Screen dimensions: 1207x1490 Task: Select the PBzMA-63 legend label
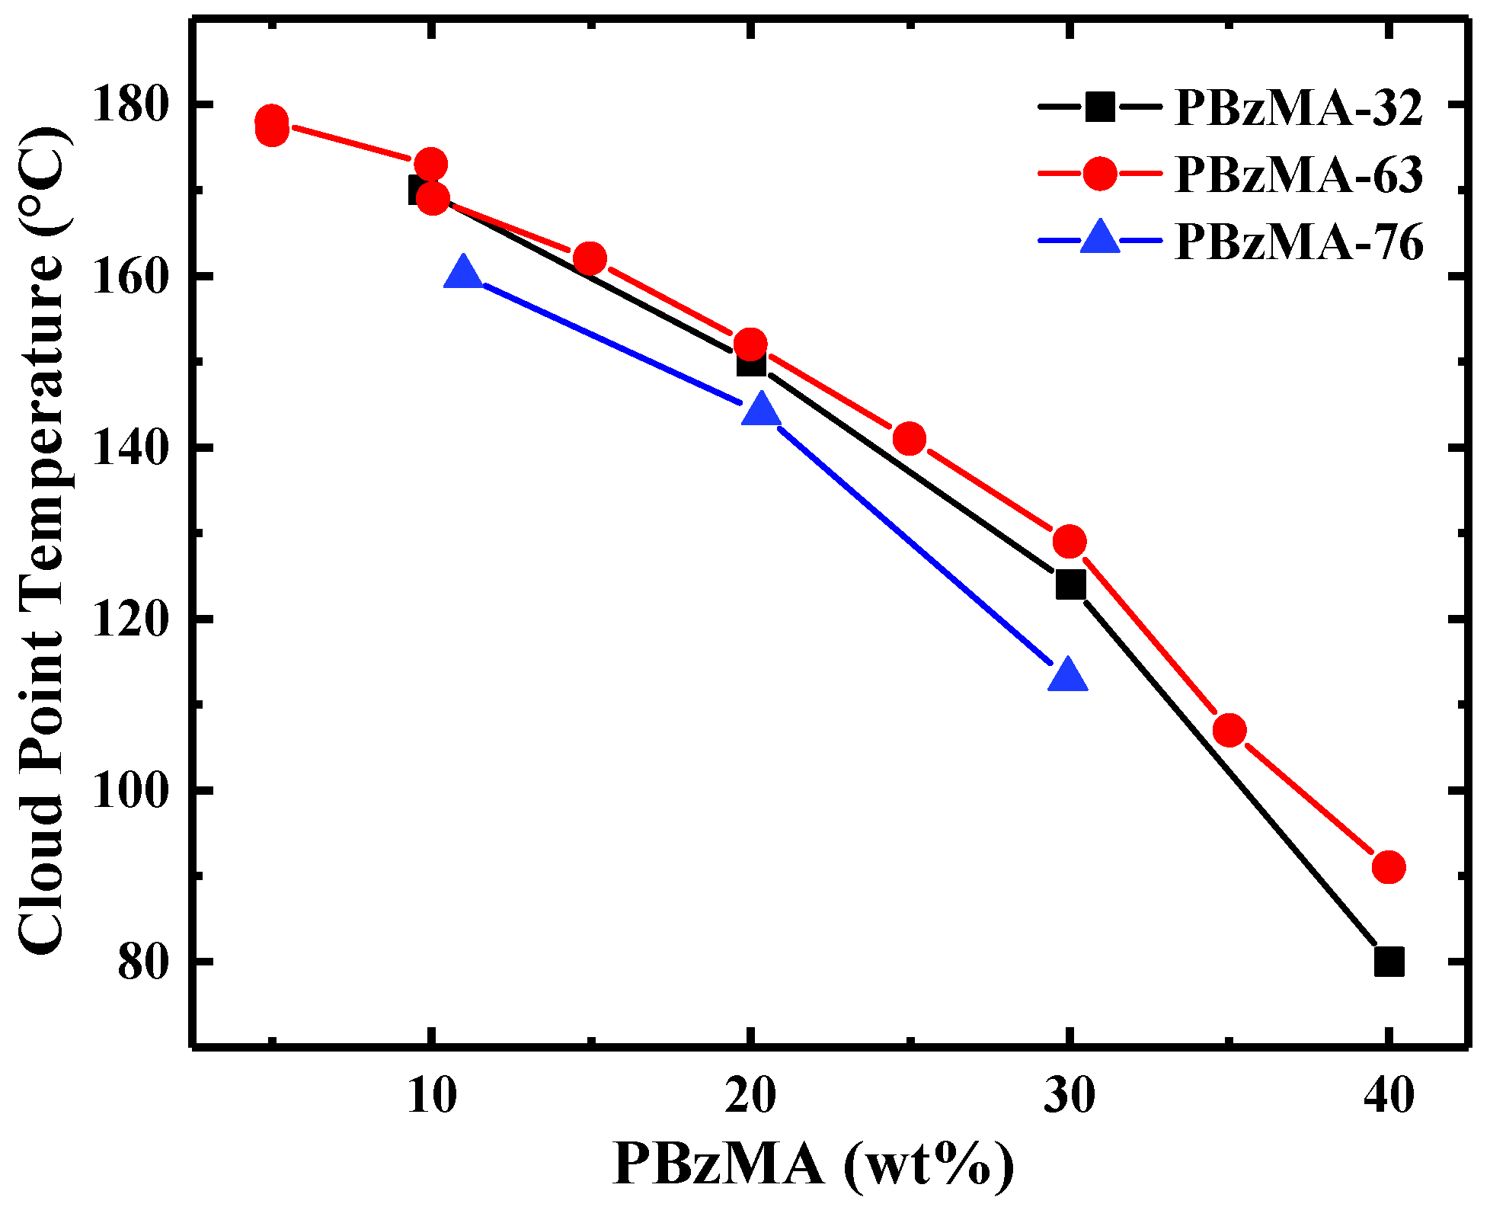coord(1298,174)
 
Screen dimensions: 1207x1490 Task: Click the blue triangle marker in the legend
coord(1100,238)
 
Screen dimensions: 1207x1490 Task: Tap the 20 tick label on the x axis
coord(750,1096)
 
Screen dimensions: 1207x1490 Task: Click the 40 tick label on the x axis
coord(1388,1096)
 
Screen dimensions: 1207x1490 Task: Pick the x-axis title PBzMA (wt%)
coord(814,1164)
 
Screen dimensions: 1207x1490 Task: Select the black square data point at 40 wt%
coord(1389,962)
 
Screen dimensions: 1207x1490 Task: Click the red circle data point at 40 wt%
coord(1388,867)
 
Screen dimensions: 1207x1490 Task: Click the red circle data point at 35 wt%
coord(1229,731)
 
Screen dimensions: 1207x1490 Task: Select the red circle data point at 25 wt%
coord(909,439)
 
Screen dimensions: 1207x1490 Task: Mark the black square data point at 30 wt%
coord(1070,585)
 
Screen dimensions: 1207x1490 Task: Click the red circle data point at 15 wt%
coord(590,259)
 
